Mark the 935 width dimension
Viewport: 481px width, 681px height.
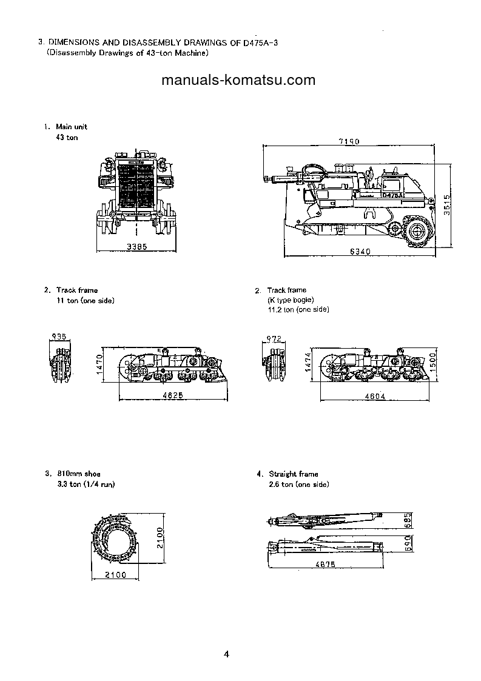tap(59, 336)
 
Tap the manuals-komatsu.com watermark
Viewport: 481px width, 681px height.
tap(238, 80)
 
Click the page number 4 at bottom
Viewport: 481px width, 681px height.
tap(226, 654)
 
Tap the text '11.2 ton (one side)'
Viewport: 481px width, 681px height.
tap(298, 309)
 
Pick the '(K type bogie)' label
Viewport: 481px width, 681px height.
tap(291, 300)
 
